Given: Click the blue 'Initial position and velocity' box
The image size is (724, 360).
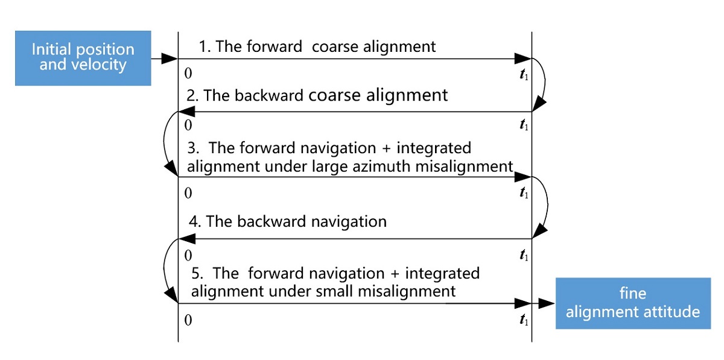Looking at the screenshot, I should click(x=83, y=58).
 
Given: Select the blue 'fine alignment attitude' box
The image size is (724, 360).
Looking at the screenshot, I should click(x=633, y=303).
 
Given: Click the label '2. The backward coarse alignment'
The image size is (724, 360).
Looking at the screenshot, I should click(x=317, y=95).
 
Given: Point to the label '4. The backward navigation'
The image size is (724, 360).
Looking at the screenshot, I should click(x=288, y=221).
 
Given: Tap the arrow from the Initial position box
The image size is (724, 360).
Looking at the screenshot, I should click(x=164, y=58).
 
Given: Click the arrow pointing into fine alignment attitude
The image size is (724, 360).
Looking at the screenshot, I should click(x=544, y=303).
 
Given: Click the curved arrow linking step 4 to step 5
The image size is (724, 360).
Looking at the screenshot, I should click(x=167, y=270).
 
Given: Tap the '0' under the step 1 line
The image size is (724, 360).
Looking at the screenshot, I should click(x=188, y=74).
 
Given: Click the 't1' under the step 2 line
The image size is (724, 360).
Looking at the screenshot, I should click(x=524, y=126).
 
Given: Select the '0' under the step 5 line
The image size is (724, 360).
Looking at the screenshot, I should click(x=188, y=320).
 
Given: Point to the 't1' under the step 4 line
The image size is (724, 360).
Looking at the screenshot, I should click(x=524, y=255).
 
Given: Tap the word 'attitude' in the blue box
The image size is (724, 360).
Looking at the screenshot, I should click(x=670, y=311).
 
